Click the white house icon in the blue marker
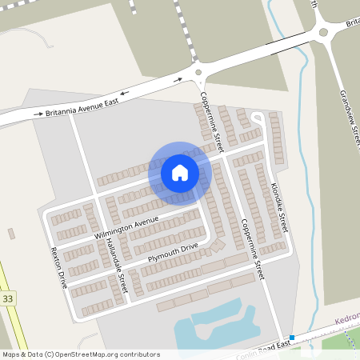pos(180,172)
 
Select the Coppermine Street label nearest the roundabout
pos(207,120)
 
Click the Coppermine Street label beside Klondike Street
pos(249,232)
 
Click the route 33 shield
pos(8,298)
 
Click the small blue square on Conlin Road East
pos(292,338)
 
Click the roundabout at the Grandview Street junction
pos(323,34)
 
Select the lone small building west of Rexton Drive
pos(11,234)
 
